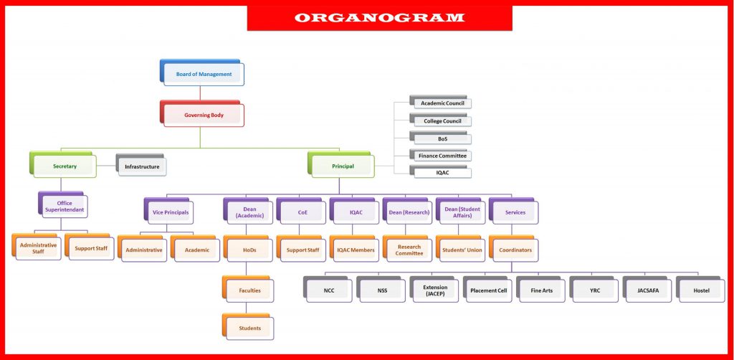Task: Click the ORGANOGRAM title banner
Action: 380,18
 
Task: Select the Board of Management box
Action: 202,72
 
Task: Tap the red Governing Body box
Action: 202,113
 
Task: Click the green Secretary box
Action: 63,165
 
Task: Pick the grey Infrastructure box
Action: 141,165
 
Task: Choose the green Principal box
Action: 341,165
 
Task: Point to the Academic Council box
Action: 441,102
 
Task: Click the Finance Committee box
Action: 441,154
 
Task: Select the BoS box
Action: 441,137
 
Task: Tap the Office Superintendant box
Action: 63,205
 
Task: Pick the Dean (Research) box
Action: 408,211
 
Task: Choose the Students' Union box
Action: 461,249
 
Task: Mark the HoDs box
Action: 248,249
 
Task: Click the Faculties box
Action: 248,289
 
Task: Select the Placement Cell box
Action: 487,289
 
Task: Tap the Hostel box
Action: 700,289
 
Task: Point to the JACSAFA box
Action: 647,289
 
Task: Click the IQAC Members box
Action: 354,249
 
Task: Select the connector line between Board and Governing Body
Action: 201,93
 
